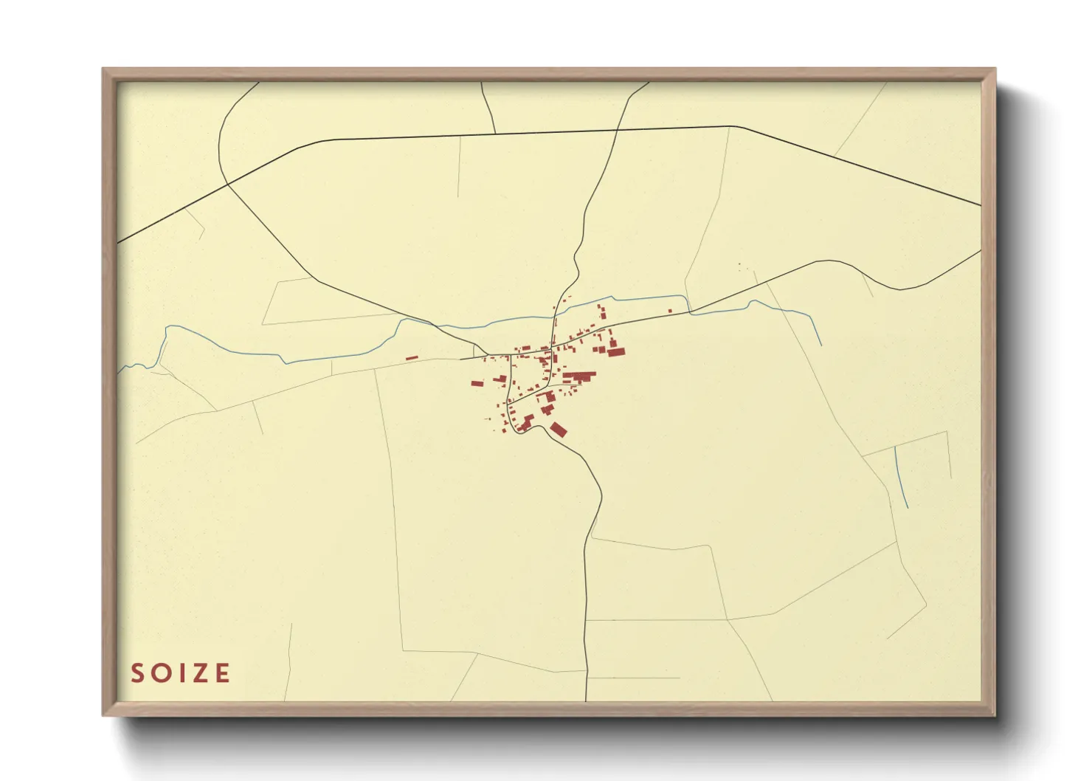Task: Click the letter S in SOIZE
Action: point(136,673)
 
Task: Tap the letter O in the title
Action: point(159,673)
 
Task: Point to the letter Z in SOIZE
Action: point(198,673)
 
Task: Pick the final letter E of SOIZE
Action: point(221,673)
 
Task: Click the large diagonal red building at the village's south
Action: point(559,430)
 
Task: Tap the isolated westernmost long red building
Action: point(412,359)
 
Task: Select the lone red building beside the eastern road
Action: point(670,311)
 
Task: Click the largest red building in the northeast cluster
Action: point(615,352)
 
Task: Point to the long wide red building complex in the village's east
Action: point(579,377)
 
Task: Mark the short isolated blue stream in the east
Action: point(901,477)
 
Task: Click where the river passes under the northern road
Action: point(553,320)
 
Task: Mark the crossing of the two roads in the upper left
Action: point(227,182)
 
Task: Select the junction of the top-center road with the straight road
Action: point(495,134)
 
